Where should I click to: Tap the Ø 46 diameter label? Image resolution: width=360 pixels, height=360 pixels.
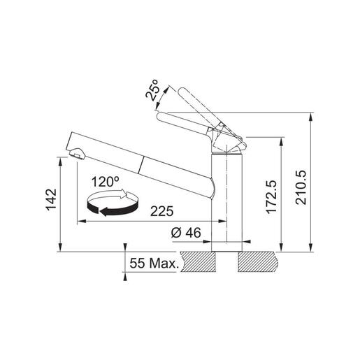click(x=186, y=232)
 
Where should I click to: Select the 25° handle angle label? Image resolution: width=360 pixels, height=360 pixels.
click(x=152, y=90)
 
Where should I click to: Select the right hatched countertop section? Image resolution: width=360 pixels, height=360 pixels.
click(x=262, y=263)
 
